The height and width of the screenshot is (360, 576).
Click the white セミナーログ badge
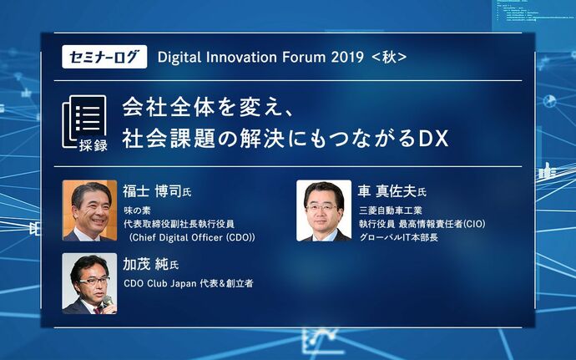tap(104, 57)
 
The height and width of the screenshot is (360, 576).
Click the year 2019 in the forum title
tap(347, 57)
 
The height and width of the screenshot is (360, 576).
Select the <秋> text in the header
tap(389, 57)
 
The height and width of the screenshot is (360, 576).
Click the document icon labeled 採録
tap(85, 123)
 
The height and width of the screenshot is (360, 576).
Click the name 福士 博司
tap(153, 191)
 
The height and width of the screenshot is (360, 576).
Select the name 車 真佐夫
tap(387, 191)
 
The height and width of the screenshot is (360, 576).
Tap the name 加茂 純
tap(146, 264)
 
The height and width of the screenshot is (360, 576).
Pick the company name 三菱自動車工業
tap(391, 210)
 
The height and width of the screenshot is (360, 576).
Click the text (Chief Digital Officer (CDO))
tap(192, 237)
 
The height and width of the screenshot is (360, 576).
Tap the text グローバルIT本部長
tap(399, 237)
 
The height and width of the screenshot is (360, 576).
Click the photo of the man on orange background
tap(89, 210)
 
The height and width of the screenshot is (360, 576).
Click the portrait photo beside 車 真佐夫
tap(324, 210)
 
